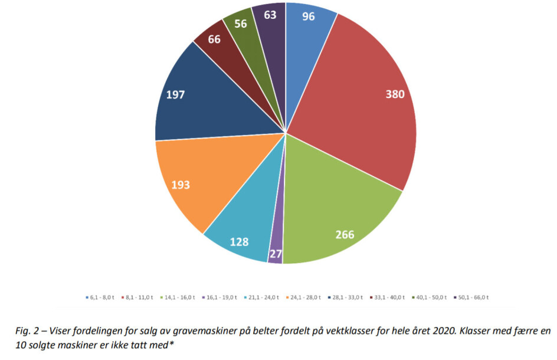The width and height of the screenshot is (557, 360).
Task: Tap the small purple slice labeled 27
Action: point(276,254)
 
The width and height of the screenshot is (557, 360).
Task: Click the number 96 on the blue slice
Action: point(309,17)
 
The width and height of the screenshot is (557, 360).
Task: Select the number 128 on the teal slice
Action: point(239,241)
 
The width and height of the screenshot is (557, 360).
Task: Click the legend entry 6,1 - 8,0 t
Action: point(101,297)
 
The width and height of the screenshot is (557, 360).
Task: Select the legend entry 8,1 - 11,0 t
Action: point(138,297)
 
